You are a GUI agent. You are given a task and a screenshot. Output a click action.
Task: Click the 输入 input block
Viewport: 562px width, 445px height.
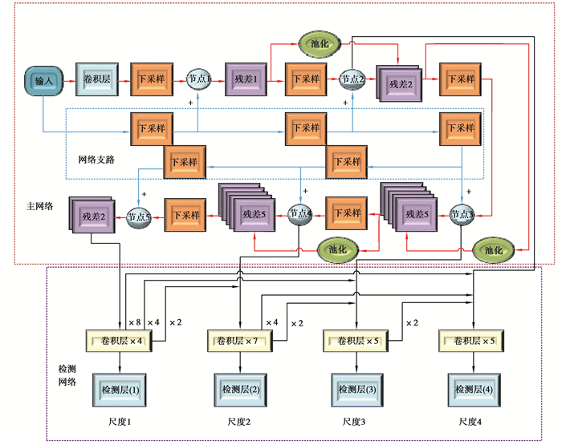click(x=43, y=79)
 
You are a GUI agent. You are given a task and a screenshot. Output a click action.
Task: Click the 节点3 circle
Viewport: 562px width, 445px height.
click(x=462, y=214)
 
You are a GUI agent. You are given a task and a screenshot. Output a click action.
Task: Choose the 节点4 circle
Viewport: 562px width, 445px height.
click(x=299, y=214)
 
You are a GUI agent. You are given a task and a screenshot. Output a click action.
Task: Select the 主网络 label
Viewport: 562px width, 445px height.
click(x=39, y=206)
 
